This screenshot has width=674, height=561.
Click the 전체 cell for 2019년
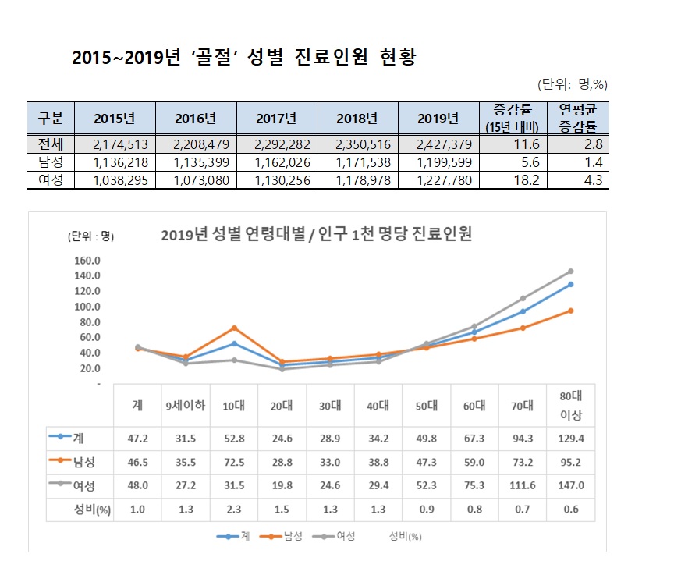438,144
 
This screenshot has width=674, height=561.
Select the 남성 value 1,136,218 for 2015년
114,162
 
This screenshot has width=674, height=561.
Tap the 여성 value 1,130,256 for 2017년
276,180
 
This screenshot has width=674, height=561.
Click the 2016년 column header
195,119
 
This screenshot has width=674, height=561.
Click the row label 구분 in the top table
51,119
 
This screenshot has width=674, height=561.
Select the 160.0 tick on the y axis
87,260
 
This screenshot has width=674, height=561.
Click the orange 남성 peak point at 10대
234,328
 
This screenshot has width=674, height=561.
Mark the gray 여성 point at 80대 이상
570,272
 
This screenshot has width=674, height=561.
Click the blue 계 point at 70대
523,311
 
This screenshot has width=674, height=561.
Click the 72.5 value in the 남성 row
234,462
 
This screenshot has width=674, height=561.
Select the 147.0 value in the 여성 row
570,486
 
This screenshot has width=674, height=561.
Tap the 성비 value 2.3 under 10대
234,510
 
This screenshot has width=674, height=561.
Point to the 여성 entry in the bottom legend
338,537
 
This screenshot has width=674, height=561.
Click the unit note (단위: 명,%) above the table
572,84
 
